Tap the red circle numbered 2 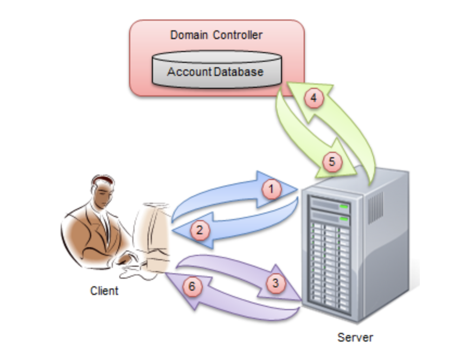(200, 229)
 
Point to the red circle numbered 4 (313, 99)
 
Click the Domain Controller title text (216, 36)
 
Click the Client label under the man (104, 291)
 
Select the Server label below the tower (355, 338)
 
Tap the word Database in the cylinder (239, 72)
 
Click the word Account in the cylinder (189, 72)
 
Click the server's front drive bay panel (329, 255)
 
